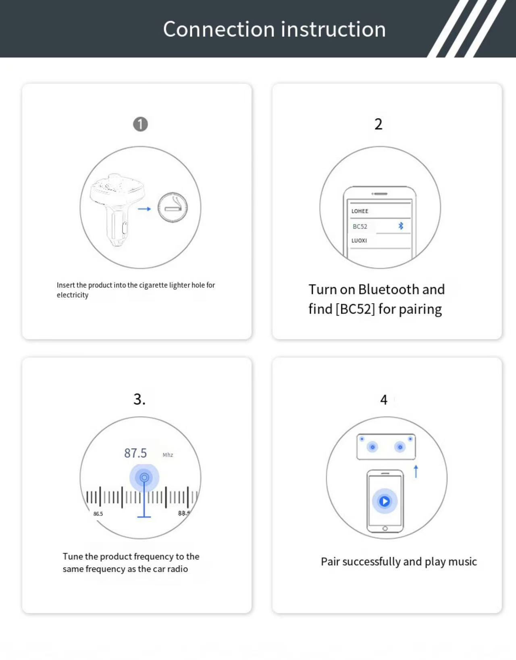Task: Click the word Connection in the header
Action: tap(218, 29)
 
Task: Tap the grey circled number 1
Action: tap(140, 124)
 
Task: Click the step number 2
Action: tap(378, 124)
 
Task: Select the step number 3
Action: tap(139, 399)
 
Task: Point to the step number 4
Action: tap(384, 400)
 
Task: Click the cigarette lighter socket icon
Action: tap(173, 208)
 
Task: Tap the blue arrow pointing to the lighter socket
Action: tap(144, 209)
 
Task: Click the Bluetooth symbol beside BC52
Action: tap(401, 226)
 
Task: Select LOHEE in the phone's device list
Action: tap(360, 211)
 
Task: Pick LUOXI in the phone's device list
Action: tap(359, 241)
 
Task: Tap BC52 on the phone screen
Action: tap(360, 227)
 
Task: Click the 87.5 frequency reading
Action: tap(135, 453)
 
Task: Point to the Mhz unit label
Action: tap(168, 455)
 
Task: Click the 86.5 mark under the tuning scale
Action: tap(98, 514)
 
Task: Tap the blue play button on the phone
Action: tap(385, 501)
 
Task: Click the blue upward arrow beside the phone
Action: tap(416, 471)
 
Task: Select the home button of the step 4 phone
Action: tap(385, 529)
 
